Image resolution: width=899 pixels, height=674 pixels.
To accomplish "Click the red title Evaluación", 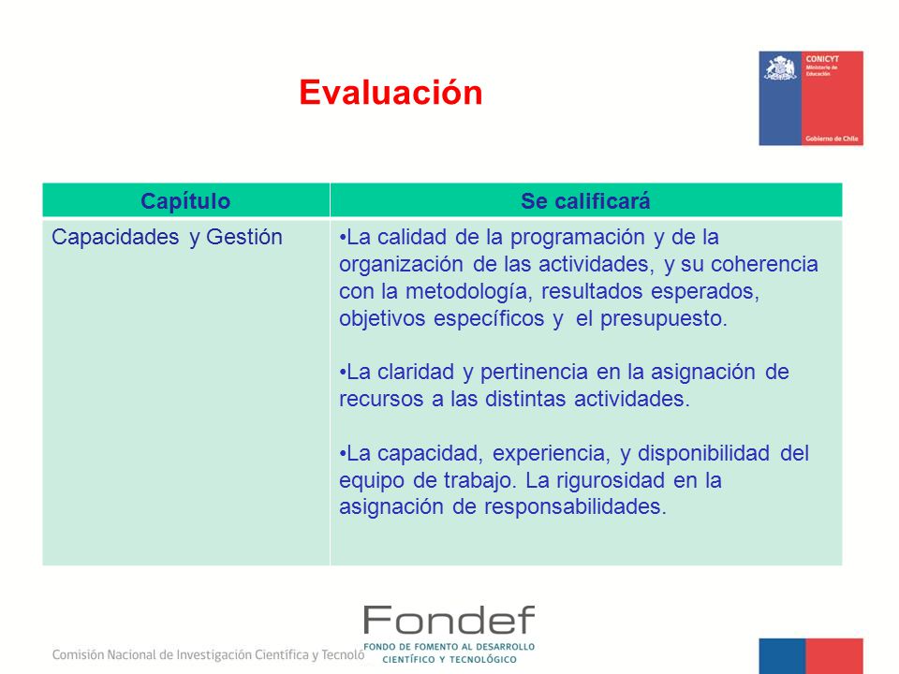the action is [x=391, y=93].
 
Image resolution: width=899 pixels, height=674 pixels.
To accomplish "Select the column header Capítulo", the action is [x=185, y=201].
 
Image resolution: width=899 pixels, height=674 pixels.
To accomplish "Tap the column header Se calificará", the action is [x=585, y=201].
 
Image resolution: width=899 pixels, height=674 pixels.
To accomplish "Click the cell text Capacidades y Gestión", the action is [x=167, y=237].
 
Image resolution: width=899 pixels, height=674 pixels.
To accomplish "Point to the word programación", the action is [x=578, y=238].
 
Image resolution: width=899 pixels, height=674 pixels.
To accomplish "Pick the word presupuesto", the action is [x=663, y=318].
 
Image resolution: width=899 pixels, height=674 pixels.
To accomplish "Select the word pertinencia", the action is [x=534, y=372].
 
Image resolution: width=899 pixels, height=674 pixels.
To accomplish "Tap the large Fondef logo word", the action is [x=449, y=620].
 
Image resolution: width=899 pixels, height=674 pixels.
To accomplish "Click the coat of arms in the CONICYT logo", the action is [x=780, y=67].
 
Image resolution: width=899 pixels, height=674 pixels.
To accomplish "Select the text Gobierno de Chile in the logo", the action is [x=832, y=139].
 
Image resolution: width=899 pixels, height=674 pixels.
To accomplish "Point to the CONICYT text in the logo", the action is [x=822, y=59].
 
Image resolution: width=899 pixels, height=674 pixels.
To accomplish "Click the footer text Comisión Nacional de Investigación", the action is [x=152, y=654].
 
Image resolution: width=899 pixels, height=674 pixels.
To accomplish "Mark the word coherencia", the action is [x=764, y=264].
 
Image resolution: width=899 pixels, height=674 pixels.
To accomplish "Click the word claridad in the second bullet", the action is [x=416, y=372].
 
